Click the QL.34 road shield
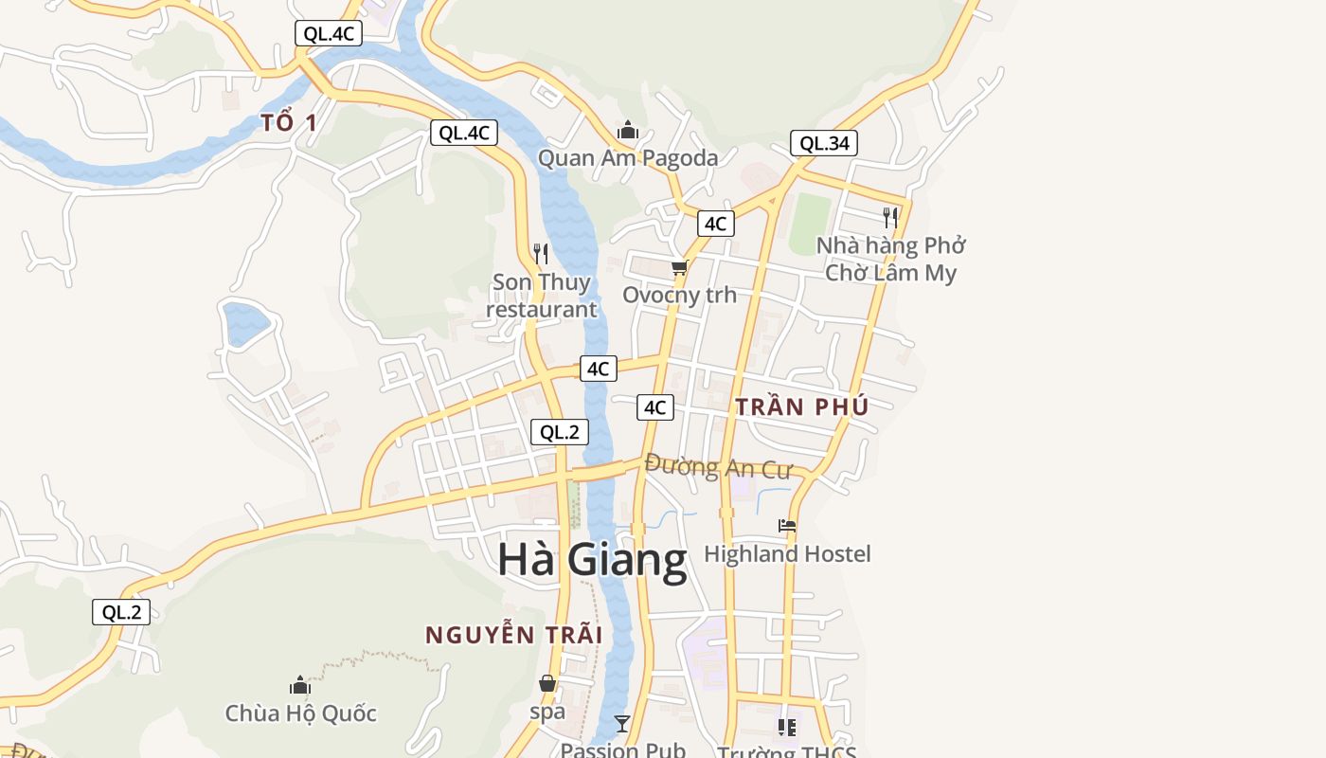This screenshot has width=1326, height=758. click(x=824, y=143)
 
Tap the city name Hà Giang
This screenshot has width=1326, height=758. click(x=592, y=560)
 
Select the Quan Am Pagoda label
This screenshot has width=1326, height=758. click(x=628, y=158)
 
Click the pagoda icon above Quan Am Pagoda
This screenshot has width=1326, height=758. click(x=627, y=130)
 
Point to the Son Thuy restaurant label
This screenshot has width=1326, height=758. click(x=542, y=296)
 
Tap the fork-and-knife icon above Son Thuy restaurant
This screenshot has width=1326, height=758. click(x=541, y=253)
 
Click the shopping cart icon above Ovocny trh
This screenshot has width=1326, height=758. click(x=679, y=268)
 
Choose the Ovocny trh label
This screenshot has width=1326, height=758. click(x=679, y=295)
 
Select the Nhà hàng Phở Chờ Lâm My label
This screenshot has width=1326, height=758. click(x=890, y=259)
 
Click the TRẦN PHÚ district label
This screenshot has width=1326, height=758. click(x=802, y=407)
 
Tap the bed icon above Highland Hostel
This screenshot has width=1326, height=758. click(x=787, y=526)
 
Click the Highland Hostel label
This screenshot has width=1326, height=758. click(x=787, y=553)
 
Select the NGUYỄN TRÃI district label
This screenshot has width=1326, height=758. click(x=513, y=635)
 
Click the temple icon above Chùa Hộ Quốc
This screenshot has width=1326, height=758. click(x=300, y=685)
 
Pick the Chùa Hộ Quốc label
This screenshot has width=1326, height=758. click(x=300, y=713)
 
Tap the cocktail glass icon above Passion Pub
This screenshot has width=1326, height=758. click(x=622, y=724)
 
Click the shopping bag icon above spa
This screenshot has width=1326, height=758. click(x=547, y=683)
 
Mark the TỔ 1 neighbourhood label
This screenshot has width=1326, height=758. click(x=289, y=122)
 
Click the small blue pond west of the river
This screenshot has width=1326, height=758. click(x=245, y=323)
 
